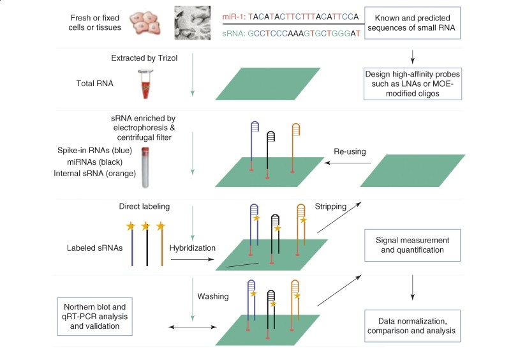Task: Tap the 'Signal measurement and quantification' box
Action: coord(412,245)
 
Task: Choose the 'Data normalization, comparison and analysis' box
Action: coord(412,326)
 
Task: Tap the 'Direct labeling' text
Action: coord(144,207)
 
